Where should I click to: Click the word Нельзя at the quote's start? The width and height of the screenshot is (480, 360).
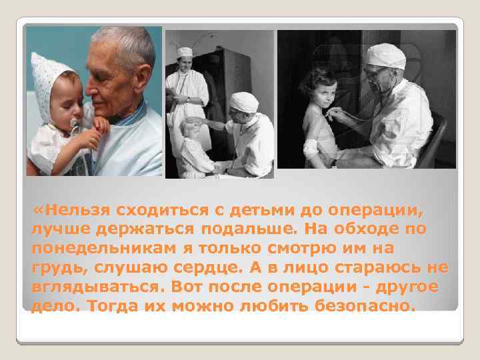tap(78, 212)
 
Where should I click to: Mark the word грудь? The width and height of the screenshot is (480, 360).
tap(53, 268)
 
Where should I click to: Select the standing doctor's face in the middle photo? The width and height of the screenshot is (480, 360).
tap(185, 65)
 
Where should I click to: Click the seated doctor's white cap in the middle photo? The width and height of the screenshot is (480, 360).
tap(245, 101)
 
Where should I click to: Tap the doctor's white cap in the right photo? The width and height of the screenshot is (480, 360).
tap(388, 56)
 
